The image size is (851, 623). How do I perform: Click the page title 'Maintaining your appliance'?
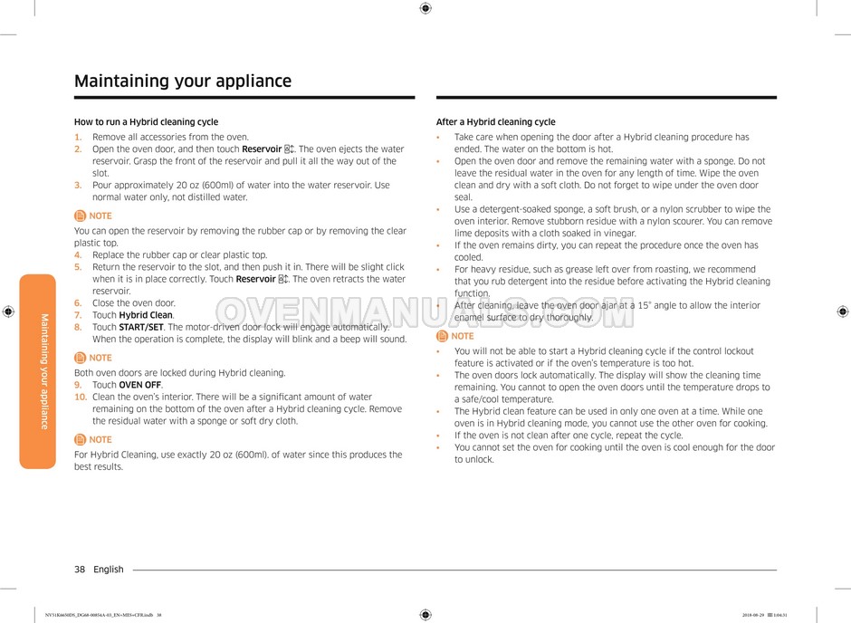(x=183, y=81)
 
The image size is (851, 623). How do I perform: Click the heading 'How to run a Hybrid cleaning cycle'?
(x=146, y=122)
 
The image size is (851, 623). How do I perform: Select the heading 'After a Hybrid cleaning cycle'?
(x=495, y=122)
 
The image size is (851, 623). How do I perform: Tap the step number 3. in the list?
(x=78, y=186)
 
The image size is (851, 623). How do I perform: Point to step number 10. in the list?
(x=81, y=398)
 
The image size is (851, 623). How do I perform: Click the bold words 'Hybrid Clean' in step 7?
(x=146, y=315)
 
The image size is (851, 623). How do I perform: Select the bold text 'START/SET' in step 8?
(x=141, y=327)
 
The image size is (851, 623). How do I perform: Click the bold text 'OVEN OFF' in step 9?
(x=140, y=385)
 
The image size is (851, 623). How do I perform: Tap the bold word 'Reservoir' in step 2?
(x=263, y=149)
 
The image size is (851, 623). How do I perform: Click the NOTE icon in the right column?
(x=443, y=336)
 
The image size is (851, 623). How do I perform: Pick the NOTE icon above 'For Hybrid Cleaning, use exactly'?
(x=81, y=439)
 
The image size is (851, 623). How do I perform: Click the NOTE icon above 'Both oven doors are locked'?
(x=81, y=358)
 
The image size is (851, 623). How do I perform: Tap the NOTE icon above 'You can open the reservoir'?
(x=81, y=216)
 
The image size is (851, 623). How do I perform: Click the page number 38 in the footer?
(x=80, y=570)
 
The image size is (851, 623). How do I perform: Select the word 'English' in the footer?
(x=109, y=570)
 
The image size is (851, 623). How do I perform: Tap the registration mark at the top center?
(x=425, y=8)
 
